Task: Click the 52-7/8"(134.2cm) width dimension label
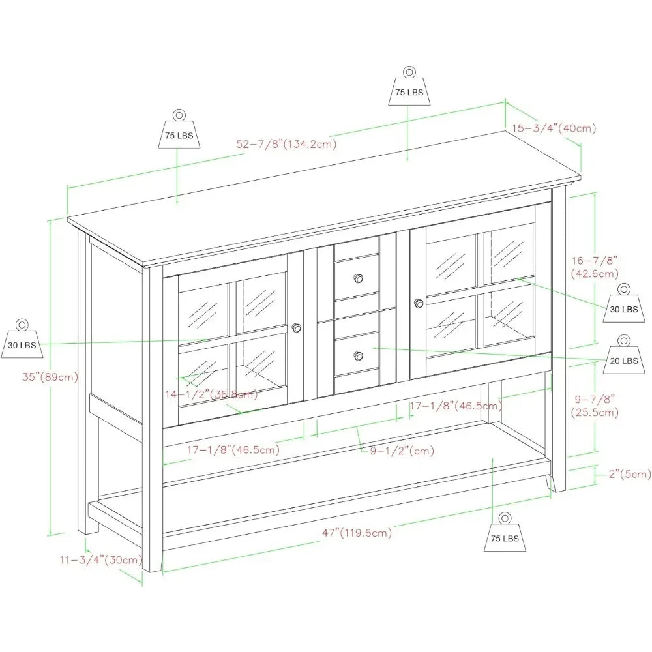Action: click(x=286, y=144)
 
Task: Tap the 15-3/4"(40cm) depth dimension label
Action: click(x=554, y=128)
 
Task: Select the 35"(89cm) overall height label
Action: click(x=50, y=377)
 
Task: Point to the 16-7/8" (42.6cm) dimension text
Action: click(x=595, y=267)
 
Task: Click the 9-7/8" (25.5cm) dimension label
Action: click(x=595, y=406)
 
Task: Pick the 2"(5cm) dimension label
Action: click(x=630, y=474)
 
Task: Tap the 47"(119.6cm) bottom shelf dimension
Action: click(x=357, y=533)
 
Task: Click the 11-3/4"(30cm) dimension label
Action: click(x=101, y=559)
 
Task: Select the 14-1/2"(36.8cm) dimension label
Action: click(x=211, y=394)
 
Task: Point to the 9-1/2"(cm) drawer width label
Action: click(x=402, y=451)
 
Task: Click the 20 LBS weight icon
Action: click(x=624, y=354)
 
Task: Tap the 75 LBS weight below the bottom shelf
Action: click(x=505, y=532)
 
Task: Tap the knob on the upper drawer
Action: click(x=359, y=278)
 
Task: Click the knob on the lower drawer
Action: click(x=359, y=356)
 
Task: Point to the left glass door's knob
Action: click(x=297, y=328)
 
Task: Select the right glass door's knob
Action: click(x=419, y=304)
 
